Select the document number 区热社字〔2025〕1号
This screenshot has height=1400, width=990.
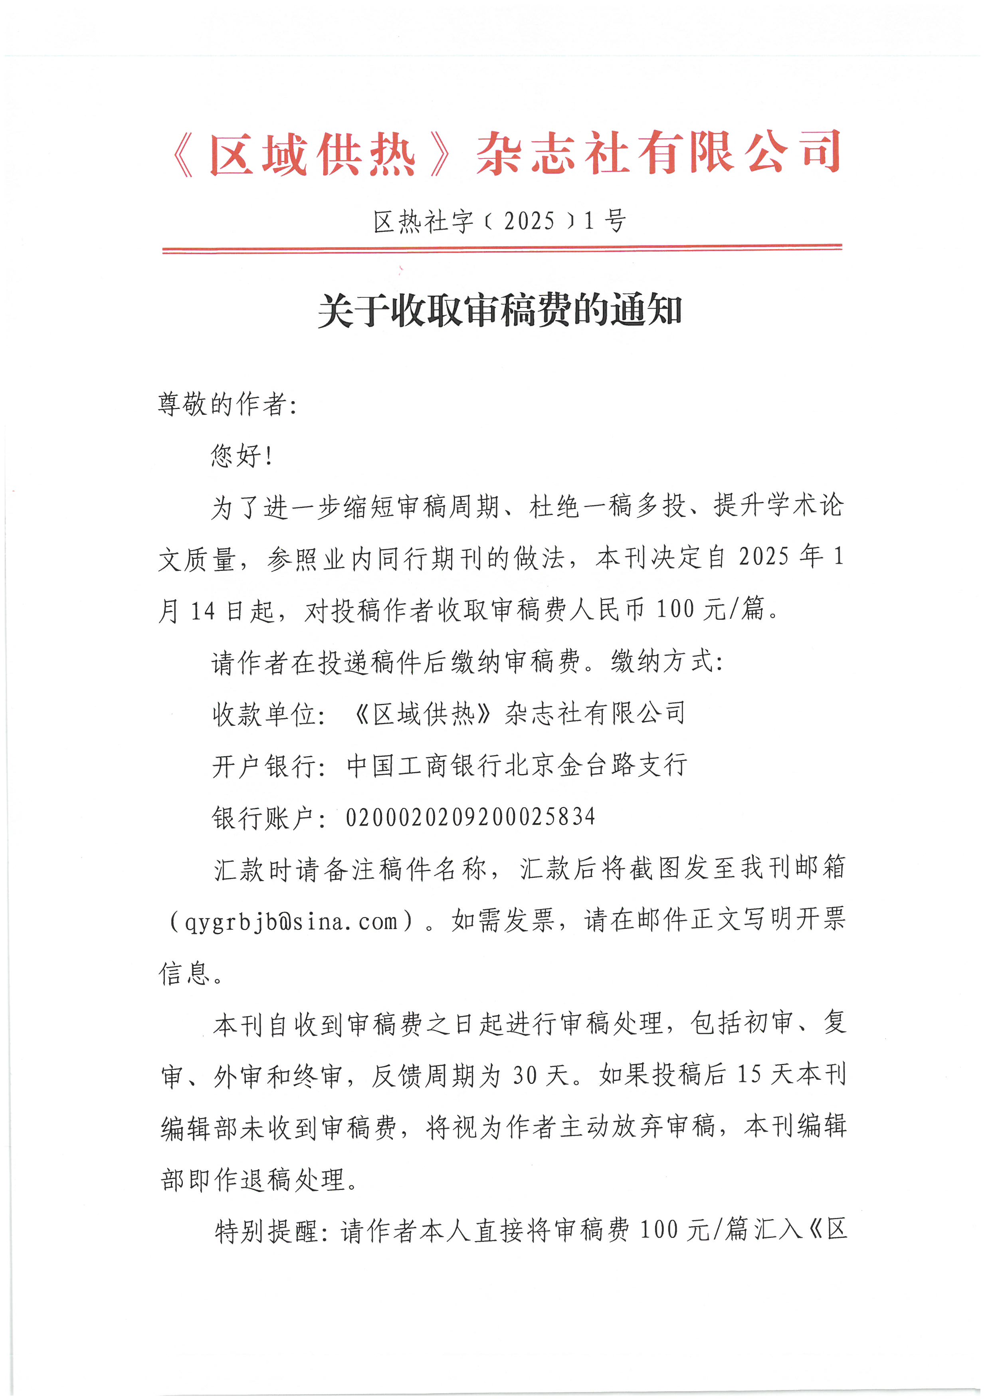click(x=500, y=221)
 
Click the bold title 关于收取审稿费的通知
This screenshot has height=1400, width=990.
click(x=500, y=311)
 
